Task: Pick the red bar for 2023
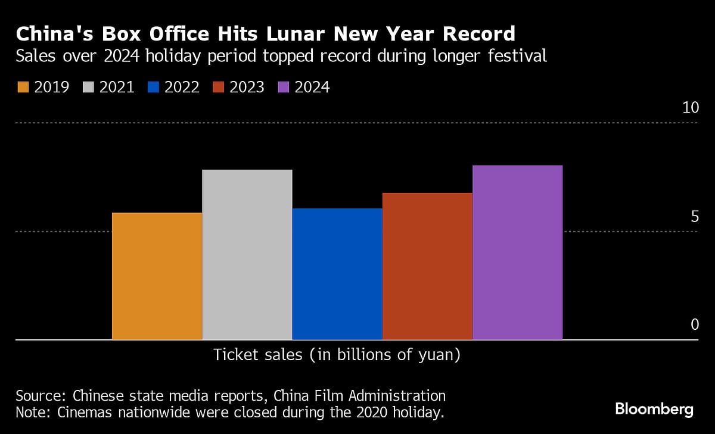pyautogui.click(x=427, y=266)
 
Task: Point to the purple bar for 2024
pyautogui.click(x=517, y=252)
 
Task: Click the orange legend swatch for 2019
pyautogui.click(x=23, y=88)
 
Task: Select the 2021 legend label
pyautogui.click(x=117, y=88)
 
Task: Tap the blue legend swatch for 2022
pyautogui.click(x=153, y=88)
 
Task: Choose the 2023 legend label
pyautogui.click(x=247, y=88)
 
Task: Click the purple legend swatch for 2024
pyautogui.click(x=284, y=88)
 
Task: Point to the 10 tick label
pyautogui.click(x=690, y=108)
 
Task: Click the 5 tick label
pyautogui.click(x=694, y=217)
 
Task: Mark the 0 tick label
pyautogui.click(x=694, y=324)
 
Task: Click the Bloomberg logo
pyautogui.click(x=654, y=410)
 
